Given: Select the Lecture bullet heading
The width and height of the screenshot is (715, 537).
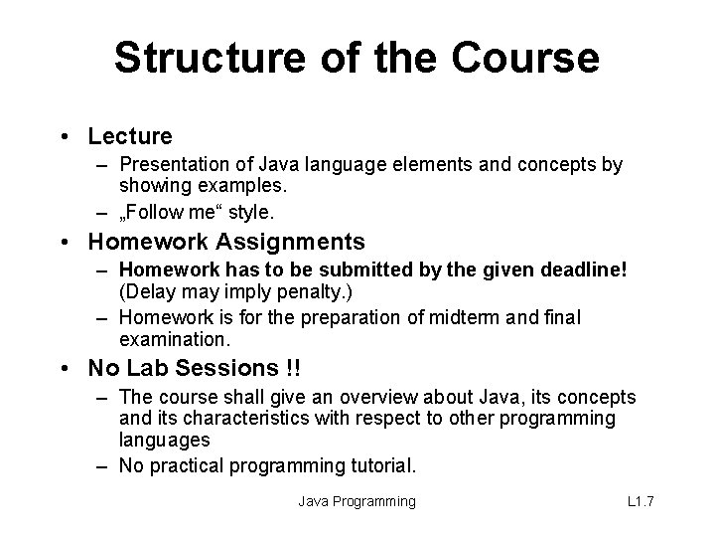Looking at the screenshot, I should click(x=130, y=135).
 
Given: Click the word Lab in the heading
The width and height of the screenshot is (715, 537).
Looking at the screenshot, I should click(x=144, y=368).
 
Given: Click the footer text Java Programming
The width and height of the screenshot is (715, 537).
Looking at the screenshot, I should click(x=357, y=501).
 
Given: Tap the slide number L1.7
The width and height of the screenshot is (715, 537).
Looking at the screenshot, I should click(x=642, y=501).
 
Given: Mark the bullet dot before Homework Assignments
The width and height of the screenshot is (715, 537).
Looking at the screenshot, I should click(x=66, y=243).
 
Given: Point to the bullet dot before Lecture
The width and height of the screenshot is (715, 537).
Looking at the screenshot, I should click(x=66, y=136).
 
